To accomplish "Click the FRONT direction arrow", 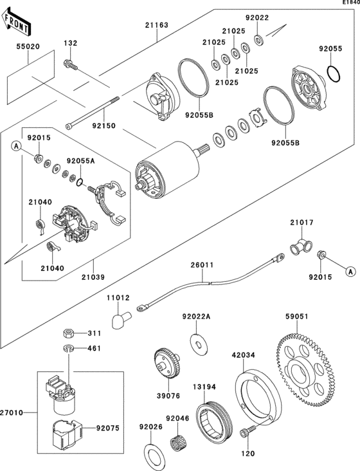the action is [15, 22].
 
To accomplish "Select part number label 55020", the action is [28, 47].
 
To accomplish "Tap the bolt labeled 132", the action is [71, 64].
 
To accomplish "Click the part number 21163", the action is [157, 25].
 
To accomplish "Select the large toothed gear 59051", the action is [305, 370].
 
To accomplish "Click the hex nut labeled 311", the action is [69, 333].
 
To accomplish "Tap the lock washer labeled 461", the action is [69, 349].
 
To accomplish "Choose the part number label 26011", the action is [202, 265].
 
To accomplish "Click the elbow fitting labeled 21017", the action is [301, 247].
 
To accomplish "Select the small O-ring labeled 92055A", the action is [79, 182].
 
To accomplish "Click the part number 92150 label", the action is [104, 125].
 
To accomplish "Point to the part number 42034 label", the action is [243, 355].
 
